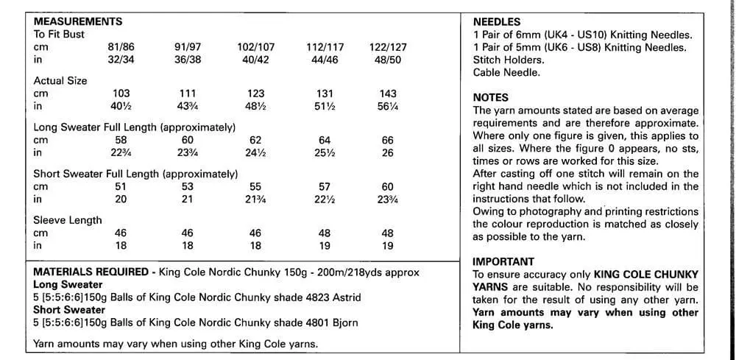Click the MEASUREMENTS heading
coord(78,21)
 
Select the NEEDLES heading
coord(496,22)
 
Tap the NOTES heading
coord(490,97)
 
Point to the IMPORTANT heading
coord(503,261)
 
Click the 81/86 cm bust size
coord(121,47)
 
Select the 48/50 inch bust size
coord(388,60)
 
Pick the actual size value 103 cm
coord(121,93)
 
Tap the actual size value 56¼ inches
coord(388,106)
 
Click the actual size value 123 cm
coord(255,93)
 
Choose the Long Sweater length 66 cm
coord(388,140)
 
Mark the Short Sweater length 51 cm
coord(121,186)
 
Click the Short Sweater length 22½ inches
coord(324,199)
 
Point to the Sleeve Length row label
coord(68,220)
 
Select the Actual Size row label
coord(60,81)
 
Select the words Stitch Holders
coord(509,60)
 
